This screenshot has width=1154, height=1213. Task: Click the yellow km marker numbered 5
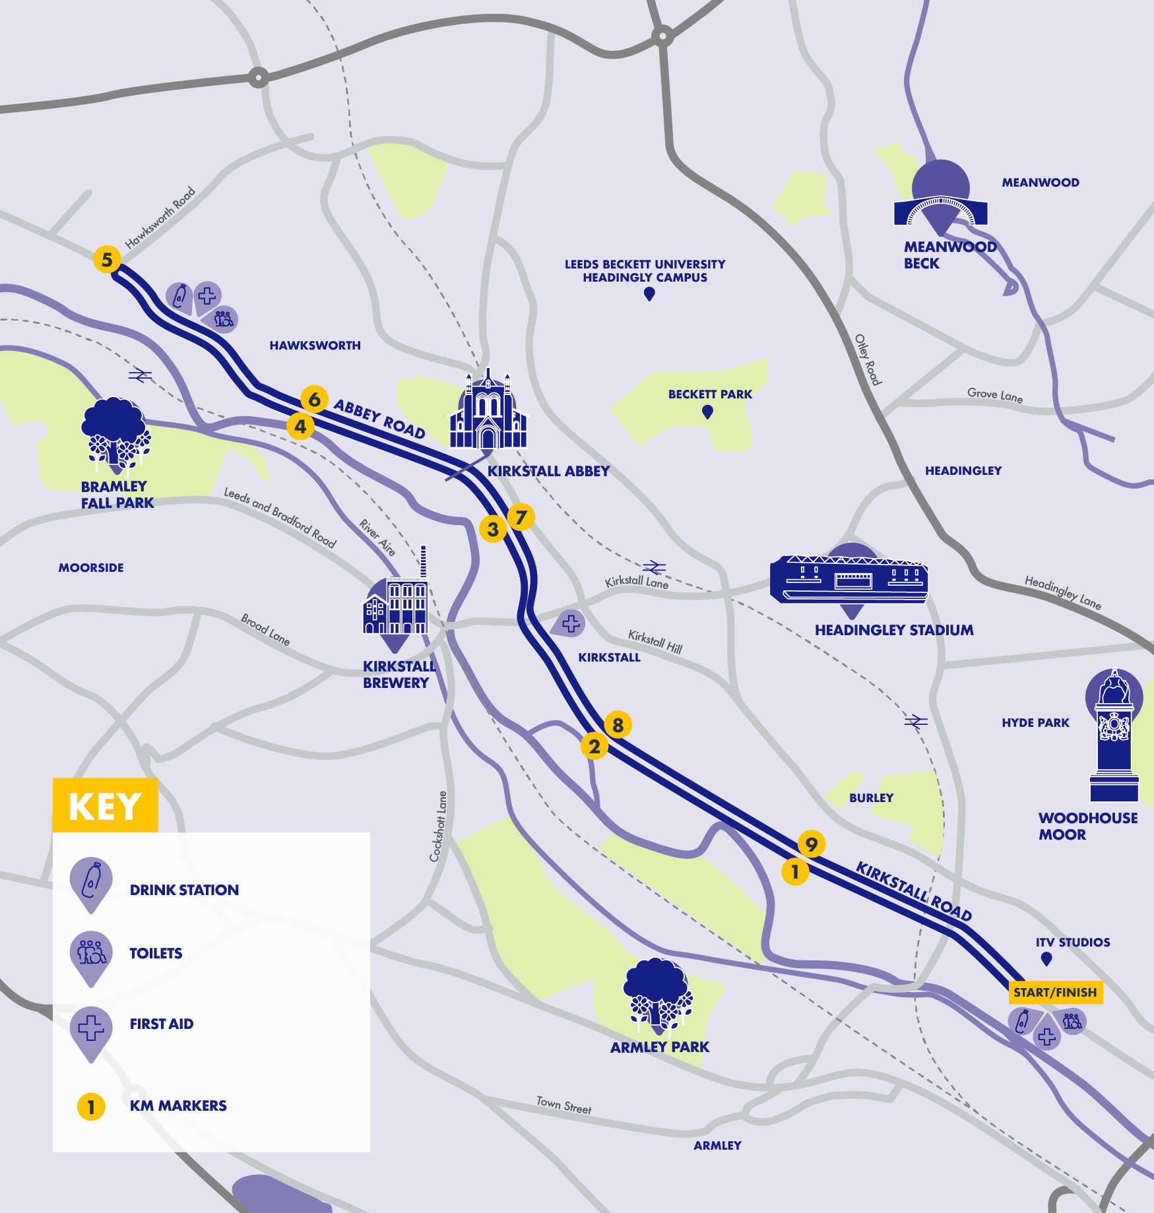pos(107,259)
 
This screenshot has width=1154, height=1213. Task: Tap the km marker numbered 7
pos(521,517)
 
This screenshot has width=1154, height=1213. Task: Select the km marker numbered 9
pos(811,844)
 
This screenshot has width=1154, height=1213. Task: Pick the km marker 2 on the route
pos(594,746)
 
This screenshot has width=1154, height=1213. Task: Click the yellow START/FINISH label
pos(1055,992)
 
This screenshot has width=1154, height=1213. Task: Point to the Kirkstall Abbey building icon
pos(488,412)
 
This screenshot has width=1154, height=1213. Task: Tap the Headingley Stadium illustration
pos(850,578)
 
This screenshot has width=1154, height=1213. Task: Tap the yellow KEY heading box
pos(105,805)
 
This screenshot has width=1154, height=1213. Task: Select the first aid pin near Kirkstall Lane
pos(570,623)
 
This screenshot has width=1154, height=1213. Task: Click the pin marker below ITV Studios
pos(1046,959)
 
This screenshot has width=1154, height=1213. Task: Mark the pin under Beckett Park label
pos(707,412)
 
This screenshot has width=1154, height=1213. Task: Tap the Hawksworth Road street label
pos(160,217)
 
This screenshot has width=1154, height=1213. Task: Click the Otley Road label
pos(868,359)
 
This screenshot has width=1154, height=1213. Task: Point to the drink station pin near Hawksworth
pos(179,297)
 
